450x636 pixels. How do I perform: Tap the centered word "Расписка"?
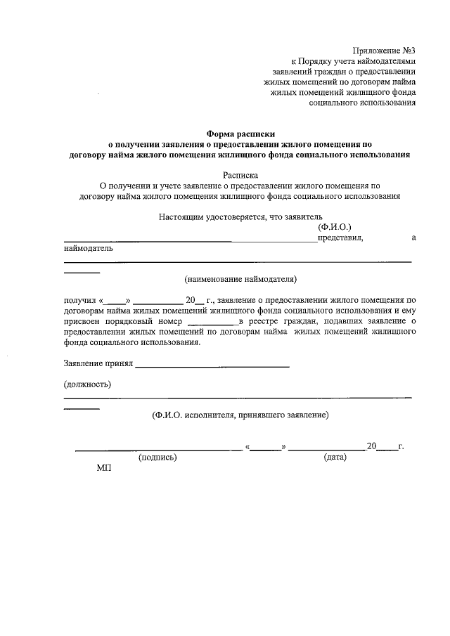pos(240,174)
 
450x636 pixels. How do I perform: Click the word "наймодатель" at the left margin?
pos(87,248)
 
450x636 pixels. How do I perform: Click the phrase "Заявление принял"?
pos(97,364)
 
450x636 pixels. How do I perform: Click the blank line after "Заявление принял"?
pos(212,365)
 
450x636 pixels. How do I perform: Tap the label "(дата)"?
pos(333,457)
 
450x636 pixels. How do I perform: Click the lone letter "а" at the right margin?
pos(413,238)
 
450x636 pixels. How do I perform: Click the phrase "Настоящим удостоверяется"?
pos(210,217)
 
